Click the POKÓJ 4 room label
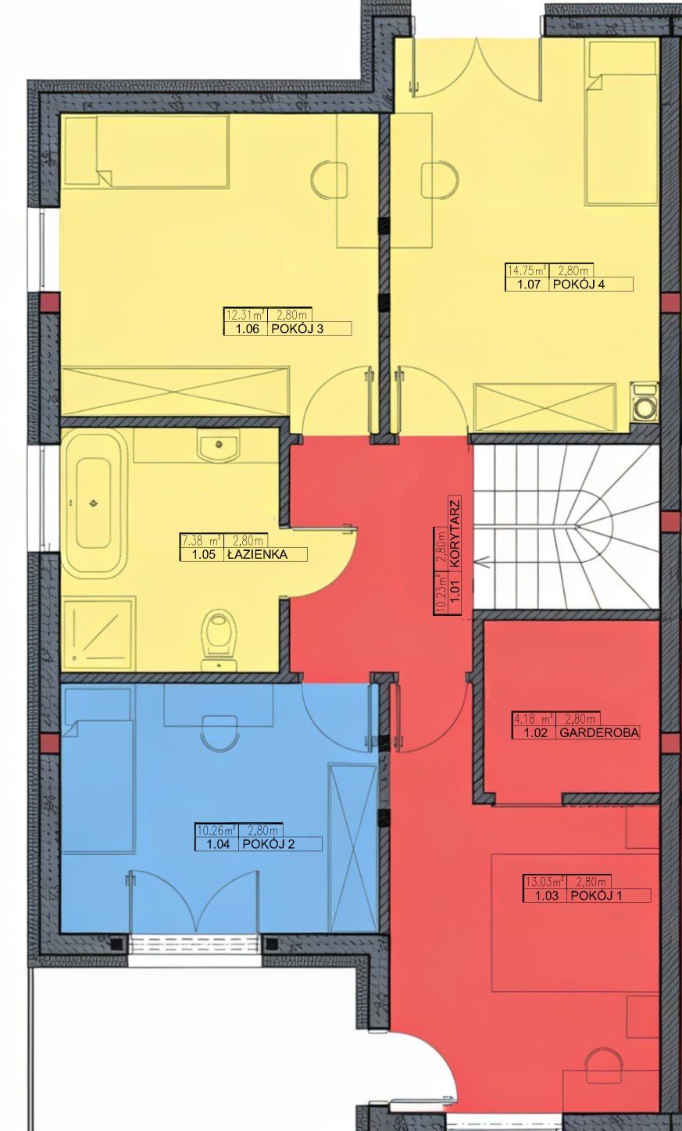coord(579,284)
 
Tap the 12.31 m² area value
coord(245,315)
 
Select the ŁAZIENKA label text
coord(258,554)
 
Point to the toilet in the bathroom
coord(219,641)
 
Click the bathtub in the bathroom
coord(94,503)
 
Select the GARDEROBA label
coord(599,732)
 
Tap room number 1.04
coord(219,844)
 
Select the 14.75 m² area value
coord(527,270)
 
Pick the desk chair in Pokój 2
coord(219,733)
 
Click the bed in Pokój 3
coord(145,152)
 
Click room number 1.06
coord(248,329)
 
